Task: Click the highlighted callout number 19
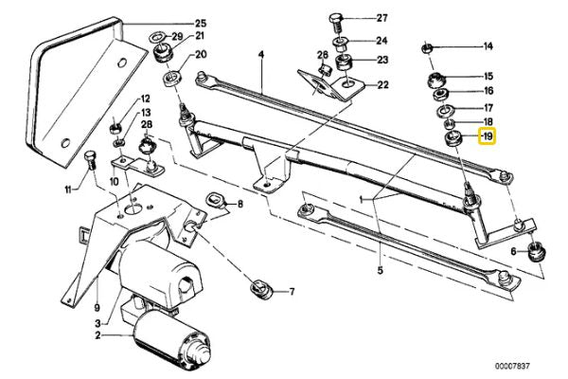click(x=488, y=137)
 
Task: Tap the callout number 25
click(x=200, y=23)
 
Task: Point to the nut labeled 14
click(x=428, y=46)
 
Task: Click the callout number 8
click(x=240, y=204)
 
